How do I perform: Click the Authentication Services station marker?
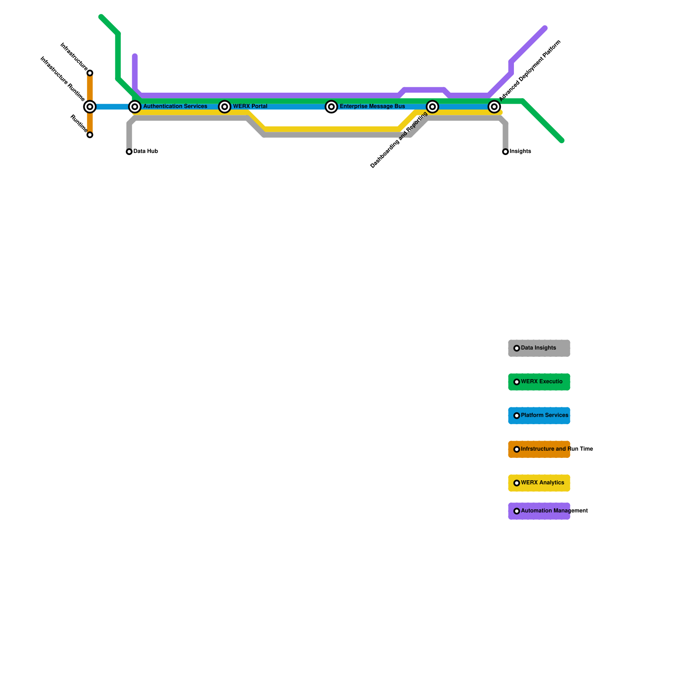pyautogui.click(x=135, y=107)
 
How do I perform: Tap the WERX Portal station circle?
pyautogui.click(x=225, y=107)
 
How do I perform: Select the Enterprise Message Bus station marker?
pyautogui.click(x=332, y=107)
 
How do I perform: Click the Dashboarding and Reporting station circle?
pyautogui.click(x=432, y=107)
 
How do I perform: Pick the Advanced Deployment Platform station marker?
pyautogui.click(x=494, y=107)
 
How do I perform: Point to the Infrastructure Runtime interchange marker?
pyautogui.click(x=90, y=107)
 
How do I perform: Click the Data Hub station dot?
pyautogui.click(x=129, y=152)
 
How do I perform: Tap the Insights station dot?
pyautogui.click(x=505, y=152)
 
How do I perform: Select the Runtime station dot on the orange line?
pyautogui.click(x=90, y=135)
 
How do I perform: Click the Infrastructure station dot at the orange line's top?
pyautogui.click(x=90, y=73)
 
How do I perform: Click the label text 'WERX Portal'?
pyautogui.click(x=250, y=107)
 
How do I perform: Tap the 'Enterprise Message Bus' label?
pyautogui.click(x=372, y=107)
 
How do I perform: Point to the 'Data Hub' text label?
pyautogui.click(x=146, y=151)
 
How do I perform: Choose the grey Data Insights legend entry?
pyautogui.click(x=539, y=348)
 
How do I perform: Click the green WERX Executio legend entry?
pyautogui.click(x=539, y=382)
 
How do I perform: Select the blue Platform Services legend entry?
pyautogui.click(x=539, y=415)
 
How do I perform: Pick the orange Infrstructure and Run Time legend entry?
pyautogui.click(x=539, y=449)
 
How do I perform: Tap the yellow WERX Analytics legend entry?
pyautogui.click(x=539, y=483)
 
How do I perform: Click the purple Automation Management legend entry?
pyautogui.click(x=539, y=511)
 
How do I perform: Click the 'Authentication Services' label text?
pyautogui.click(x=175, y=107)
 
